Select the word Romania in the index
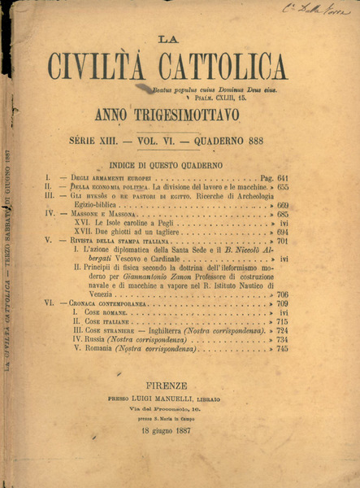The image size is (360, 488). (106, 348)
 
